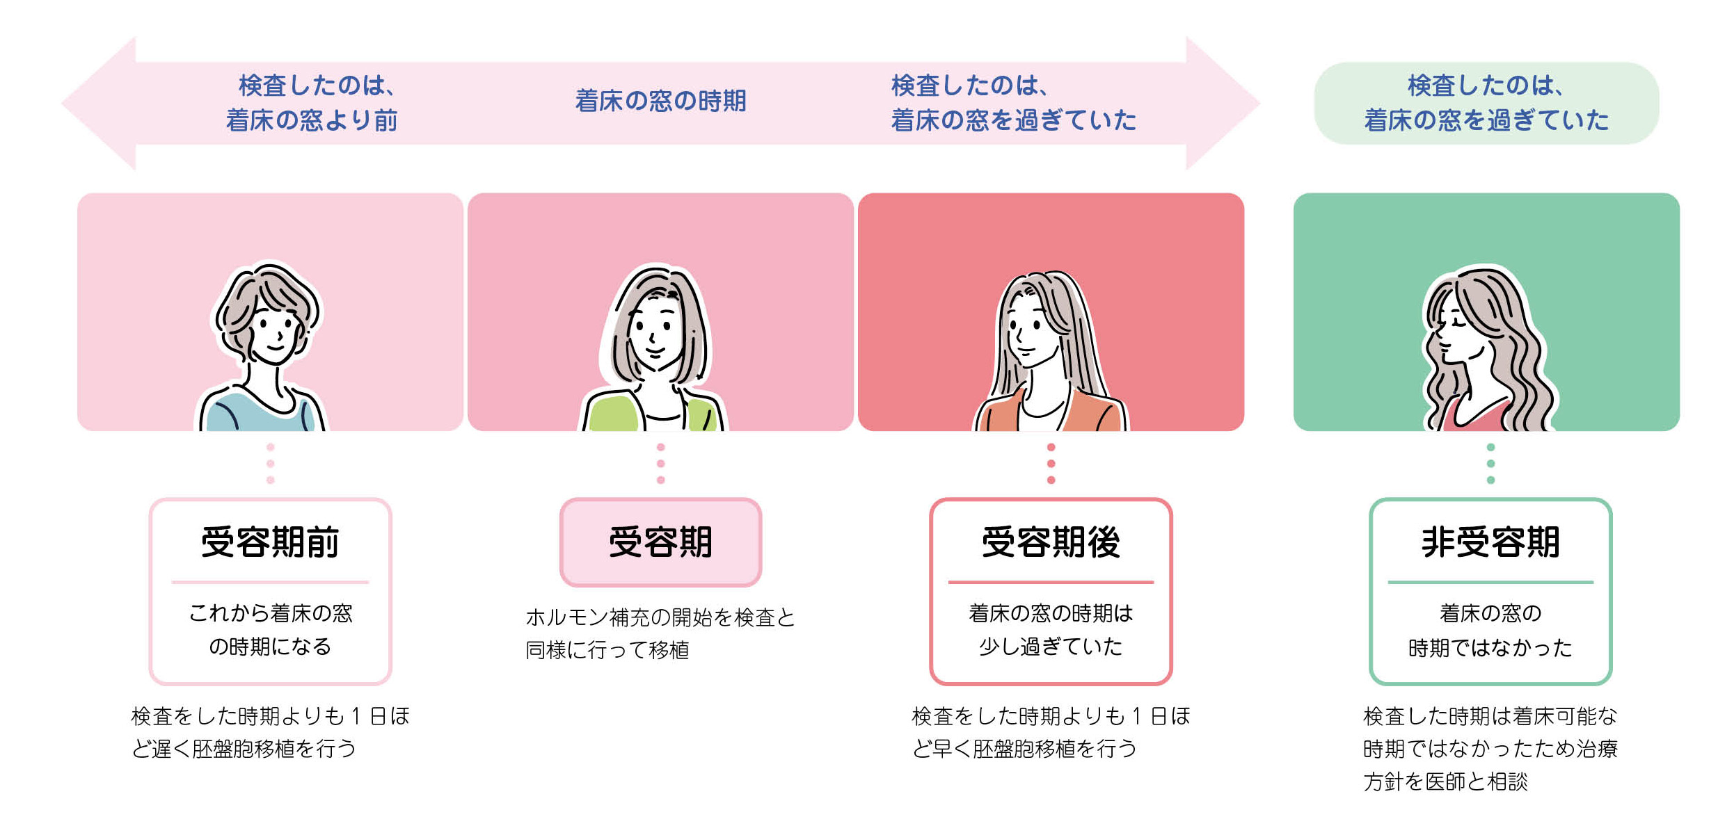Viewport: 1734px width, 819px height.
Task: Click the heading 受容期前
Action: tap(270, 542)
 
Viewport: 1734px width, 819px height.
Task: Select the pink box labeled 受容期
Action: tap(660, 542)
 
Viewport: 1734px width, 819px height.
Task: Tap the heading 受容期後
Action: tap(1051, 542)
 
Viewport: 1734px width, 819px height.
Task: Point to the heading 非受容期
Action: tap(1490, 542)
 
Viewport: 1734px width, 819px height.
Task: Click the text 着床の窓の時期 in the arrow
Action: tap(660, 102)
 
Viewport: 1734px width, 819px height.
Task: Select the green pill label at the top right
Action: tap(1486, 103)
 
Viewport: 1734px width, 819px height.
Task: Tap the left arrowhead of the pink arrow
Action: tap(101, 103)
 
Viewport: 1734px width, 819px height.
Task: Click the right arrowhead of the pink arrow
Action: tap(1221, 103)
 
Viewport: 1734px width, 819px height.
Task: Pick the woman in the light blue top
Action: tap(264, 348)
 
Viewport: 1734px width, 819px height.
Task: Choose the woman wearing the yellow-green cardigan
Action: tap(654, 348)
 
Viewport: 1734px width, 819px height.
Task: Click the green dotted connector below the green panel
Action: tap(1490, 464)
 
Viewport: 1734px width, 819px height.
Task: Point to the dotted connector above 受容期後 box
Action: tap(1051, 464)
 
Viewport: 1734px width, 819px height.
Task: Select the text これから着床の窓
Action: tap(271, 613)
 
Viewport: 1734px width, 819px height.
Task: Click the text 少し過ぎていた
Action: tap(1051, 647)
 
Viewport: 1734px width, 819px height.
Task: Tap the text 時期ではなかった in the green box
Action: tap(1490, 648)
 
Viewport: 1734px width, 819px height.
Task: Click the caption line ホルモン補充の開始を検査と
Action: tap(660, 617)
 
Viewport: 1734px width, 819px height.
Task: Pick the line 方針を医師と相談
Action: tap(1445, 782)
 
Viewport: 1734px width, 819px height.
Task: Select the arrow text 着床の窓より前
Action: tap(312, 121)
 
